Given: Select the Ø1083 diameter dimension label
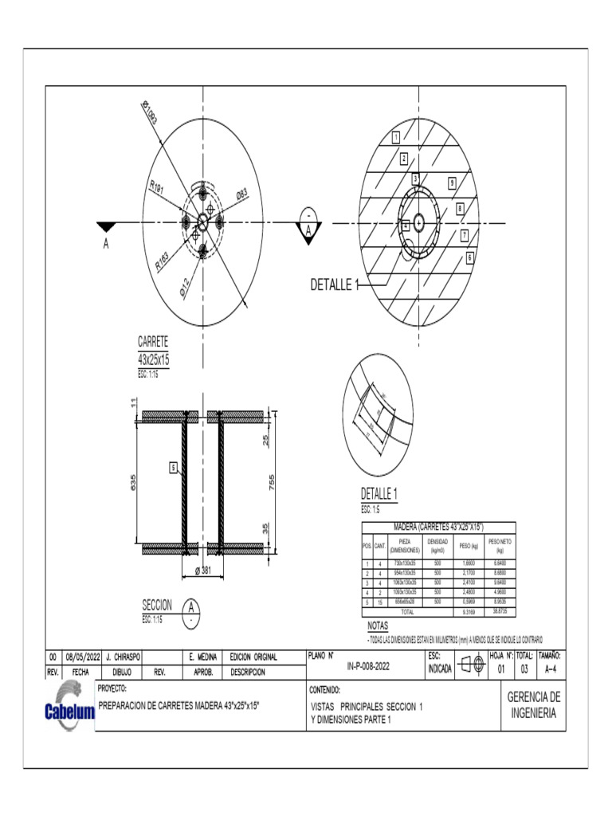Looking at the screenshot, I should click(x=150, y=112).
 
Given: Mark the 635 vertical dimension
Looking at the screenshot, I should click(x=135, y=482).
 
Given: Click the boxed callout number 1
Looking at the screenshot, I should click(x=395, y=136).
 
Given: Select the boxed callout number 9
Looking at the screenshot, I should click(x=452, y=182).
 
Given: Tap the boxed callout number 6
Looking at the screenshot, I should click(x=470, y=257).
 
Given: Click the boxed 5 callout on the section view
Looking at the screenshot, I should click(x=172, y=468).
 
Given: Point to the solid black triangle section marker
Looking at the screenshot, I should click(x=106, y=227).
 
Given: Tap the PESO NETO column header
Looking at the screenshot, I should click(x=500, y=545).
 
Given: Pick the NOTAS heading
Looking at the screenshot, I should click(x=377, y=626).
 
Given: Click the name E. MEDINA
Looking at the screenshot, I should click(x=202, y=657).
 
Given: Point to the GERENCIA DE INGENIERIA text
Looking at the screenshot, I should click(x=534, y=705).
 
